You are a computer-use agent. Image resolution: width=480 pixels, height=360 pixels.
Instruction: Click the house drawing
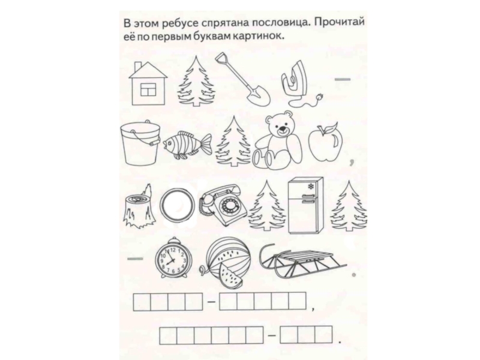pos(148,83)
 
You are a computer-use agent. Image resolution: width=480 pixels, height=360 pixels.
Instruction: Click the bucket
pos(140,142)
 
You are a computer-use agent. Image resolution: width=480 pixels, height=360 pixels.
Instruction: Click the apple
pos(325,142)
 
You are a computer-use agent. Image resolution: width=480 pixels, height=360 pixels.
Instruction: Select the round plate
pos(177,204)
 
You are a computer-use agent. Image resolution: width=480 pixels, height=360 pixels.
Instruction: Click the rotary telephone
pos(223,205)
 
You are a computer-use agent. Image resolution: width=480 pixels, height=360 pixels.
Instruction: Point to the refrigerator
pos(305,205)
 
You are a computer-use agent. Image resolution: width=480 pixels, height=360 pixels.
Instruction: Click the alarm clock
pos(173,258)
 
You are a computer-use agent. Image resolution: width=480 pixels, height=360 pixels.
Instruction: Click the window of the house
pos(148,89)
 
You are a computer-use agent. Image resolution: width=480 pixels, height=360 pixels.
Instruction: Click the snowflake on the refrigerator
pos(311,186)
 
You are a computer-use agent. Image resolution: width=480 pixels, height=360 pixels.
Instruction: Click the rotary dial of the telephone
pos(230,205)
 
